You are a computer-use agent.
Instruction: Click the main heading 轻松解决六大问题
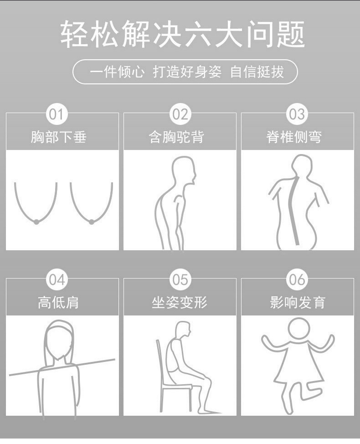point(183,34)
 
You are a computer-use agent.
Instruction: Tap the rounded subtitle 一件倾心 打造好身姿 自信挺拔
point(185,72)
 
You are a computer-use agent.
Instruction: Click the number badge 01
point(57,114)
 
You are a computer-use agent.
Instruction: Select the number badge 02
point(180,114)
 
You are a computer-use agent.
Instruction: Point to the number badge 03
point(297,114)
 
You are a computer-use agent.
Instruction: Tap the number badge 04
point(57,280)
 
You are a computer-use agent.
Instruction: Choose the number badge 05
point(180,280)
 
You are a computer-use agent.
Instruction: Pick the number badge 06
point(297,280)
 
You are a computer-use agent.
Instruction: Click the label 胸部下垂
point(59,137)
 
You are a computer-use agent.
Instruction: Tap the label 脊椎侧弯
point(294,137)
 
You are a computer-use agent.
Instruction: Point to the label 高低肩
point(58,302)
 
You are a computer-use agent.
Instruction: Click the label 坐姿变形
point(180,302)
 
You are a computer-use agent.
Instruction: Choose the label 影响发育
point(298,302)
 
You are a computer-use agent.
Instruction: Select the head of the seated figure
point(183,330)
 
